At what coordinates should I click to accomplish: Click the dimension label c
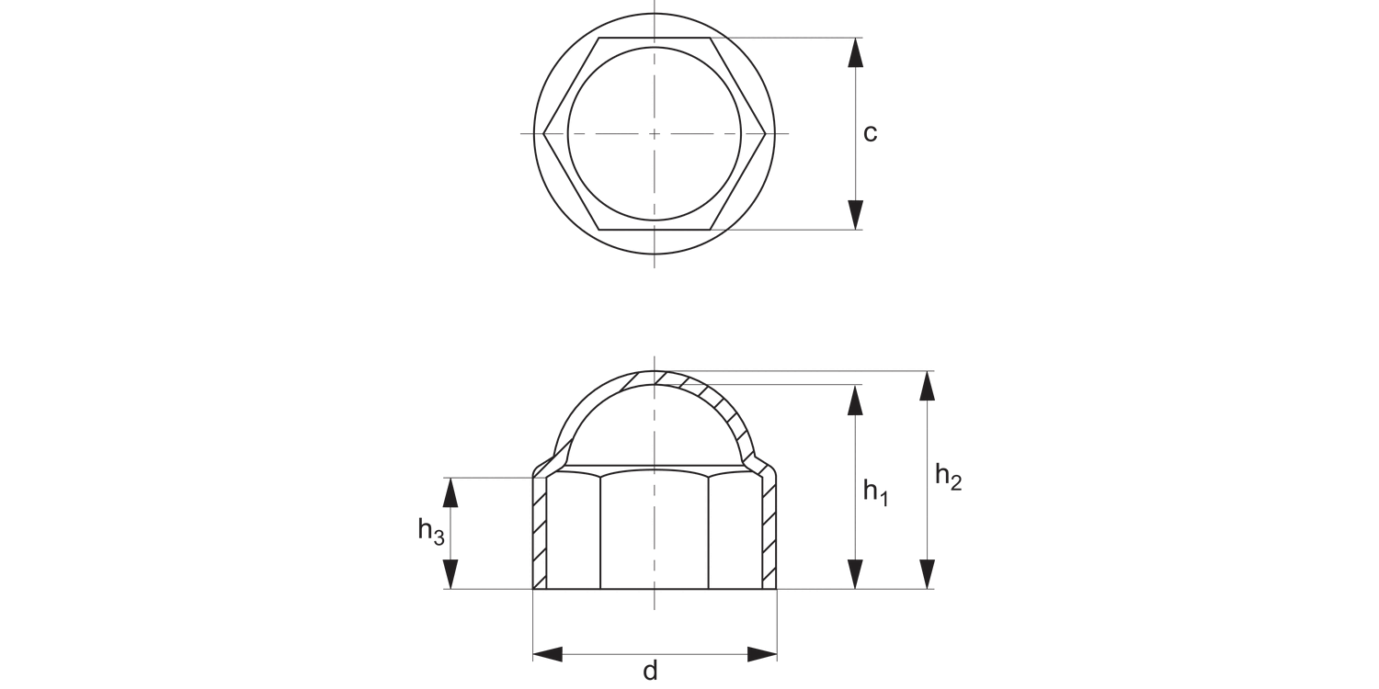[x=870, y=134]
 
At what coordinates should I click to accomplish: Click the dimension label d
[x=650, y=672]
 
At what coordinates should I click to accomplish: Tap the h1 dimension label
[x=874, y=492]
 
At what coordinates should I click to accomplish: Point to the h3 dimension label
[x=430, y=530]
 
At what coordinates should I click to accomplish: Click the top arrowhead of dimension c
[x=856, y=51]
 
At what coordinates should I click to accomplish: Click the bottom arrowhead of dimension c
[x=856, y=215]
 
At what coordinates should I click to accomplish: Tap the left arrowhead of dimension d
[x=548, y=654]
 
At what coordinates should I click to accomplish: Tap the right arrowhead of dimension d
[x=762, y=654]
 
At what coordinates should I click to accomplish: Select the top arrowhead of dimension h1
[x=856, y=399]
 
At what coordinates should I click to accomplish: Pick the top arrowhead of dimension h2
[x=928, y=385]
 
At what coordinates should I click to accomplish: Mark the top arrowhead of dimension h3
[x=450, y=492]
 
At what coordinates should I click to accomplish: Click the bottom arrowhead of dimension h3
[x=450, y=574]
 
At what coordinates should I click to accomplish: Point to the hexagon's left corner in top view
[x=544, y=134]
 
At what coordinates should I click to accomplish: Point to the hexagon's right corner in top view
[x=766, y=134]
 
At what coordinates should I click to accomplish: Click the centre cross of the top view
[x=655, y=134]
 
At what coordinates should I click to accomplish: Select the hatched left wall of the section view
[x=540, y=533]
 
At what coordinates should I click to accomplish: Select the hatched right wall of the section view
[x=769, y=533]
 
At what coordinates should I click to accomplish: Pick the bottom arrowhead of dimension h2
[x=928, y=574]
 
